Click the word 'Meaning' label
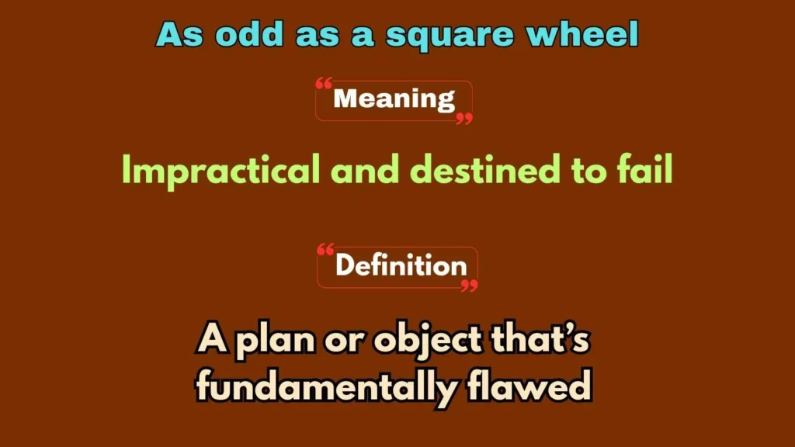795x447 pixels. click(394, 99)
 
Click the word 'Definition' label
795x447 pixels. click(401, 266)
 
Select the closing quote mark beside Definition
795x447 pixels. click(469, 286)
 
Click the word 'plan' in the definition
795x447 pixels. click(272, 341)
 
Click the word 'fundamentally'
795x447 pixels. click(325, 386)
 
